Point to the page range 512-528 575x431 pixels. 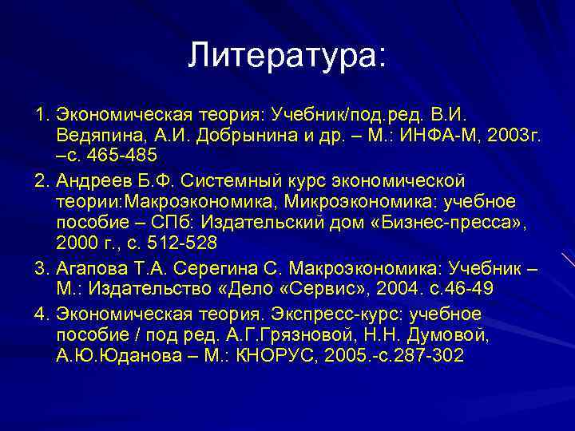tap(180, 242)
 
